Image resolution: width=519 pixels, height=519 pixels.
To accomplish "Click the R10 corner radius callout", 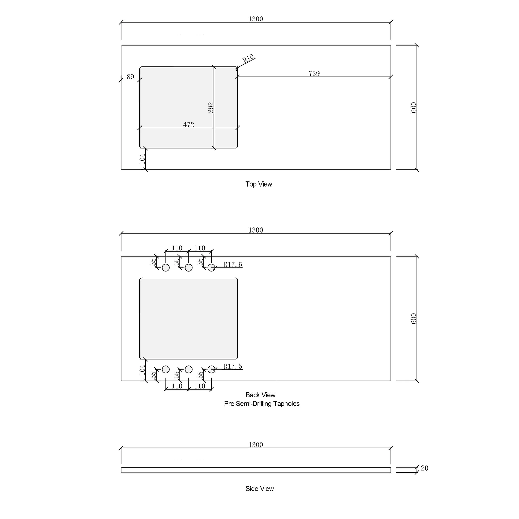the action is click(x=248, y=58).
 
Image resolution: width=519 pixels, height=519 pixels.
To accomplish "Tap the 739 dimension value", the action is click(x=314, y=74).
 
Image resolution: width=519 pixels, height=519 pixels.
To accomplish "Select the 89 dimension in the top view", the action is click(x=130, y=77).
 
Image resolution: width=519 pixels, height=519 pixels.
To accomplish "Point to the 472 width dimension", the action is click(x=189, y=125).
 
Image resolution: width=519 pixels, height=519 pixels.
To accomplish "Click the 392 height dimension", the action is click(x=211, y=107).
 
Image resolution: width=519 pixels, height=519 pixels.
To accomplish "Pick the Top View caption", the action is click(x=259, y=184).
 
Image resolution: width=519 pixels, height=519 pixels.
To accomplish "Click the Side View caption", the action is click(x=259, y=489).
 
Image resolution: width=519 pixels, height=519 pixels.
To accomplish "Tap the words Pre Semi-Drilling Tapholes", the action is click(x=262, y=404).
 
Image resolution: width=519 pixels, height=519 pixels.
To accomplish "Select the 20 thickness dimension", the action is click(x=425, y=468).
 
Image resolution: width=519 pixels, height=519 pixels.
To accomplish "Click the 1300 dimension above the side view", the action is click(x=256, y=445).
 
